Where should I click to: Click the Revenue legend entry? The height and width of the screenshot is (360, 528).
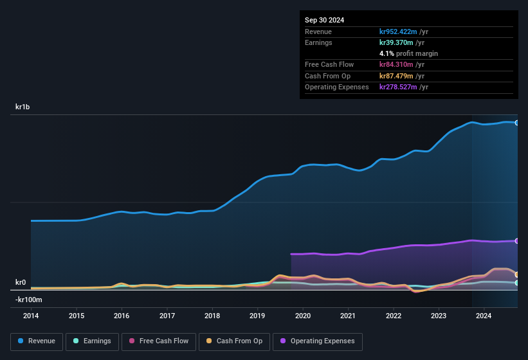click(37, 341)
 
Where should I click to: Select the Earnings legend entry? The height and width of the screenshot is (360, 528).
click(93, 341)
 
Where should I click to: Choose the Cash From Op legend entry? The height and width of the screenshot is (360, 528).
click(233, 341)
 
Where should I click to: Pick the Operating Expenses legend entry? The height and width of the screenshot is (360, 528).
click(318, 341)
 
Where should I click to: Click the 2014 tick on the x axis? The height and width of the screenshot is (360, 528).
click(31, 316)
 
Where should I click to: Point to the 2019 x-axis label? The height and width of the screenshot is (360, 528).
click(257, 316)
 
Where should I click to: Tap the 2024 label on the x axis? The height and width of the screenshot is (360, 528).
click(484, 316)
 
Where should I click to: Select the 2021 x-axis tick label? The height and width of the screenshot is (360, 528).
click(348, 316)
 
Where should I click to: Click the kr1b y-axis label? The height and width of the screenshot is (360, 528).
click(23, 107)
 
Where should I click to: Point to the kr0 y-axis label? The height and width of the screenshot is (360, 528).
click(21, 282)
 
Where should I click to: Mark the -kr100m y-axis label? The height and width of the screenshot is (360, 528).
click(29, 300)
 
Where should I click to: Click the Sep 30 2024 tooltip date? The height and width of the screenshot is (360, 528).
click(324, 20)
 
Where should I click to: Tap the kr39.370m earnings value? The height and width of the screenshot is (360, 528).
click(396, 42)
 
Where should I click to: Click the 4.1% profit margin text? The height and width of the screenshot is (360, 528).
click(408, 53)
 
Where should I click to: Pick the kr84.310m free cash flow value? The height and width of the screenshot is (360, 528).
click(396, 64)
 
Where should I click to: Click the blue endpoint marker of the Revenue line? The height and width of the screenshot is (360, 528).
click(516, 123)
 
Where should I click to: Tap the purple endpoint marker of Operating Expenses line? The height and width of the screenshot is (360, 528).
click(516, 241)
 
